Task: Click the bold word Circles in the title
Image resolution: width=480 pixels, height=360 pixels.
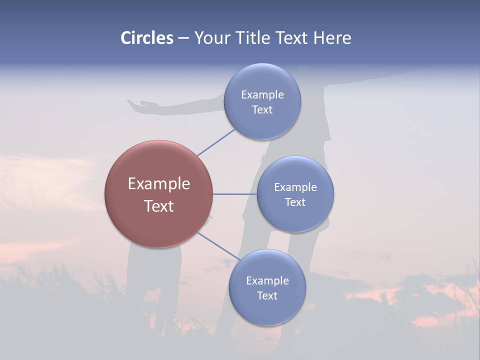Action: coord(147,38)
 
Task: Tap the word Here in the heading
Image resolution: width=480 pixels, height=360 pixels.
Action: coord(332,38)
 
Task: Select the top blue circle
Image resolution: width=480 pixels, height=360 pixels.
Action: coord(262,120)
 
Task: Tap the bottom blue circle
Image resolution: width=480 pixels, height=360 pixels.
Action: coord(267,310)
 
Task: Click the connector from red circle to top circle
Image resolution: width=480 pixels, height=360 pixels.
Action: coord(216,142)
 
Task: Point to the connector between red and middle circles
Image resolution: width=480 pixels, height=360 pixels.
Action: coord(234,194)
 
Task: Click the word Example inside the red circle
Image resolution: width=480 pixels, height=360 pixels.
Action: coord(158,184)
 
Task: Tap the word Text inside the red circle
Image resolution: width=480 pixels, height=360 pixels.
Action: coord(158,206)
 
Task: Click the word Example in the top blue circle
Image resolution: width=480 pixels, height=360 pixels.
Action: coord(262,95)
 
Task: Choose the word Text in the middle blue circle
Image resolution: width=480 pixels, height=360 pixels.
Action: coord(295,202)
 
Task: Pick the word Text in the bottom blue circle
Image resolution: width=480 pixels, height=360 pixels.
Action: coord(267,296)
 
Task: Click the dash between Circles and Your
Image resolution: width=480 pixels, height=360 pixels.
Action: coord(183,38)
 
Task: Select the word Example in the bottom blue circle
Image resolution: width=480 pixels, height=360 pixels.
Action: coord(267,281)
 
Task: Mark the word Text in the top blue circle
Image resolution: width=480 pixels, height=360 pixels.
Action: coord(262,110)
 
